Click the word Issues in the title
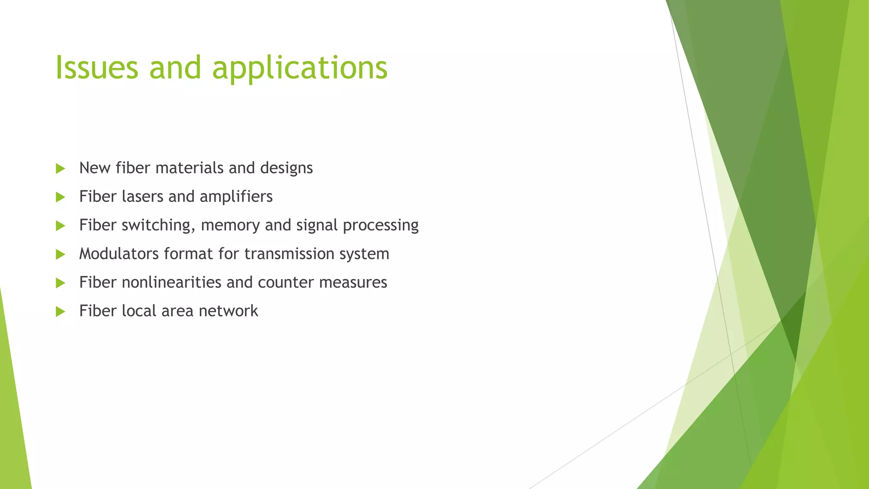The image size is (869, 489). coord(97,68)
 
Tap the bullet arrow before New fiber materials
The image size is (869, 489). coord(60,169)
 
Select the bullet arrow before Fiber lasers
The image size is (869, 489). coord(60,197)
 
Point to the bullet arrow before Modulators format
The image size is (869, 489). coord(60,254)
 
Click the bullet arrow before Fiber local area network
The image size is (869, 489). coord(60,312)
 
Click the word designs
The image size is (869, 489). coord(286,169)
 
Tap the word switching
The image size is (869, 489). coord(158,225)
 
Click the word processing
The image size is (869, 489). coord(381,225)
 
